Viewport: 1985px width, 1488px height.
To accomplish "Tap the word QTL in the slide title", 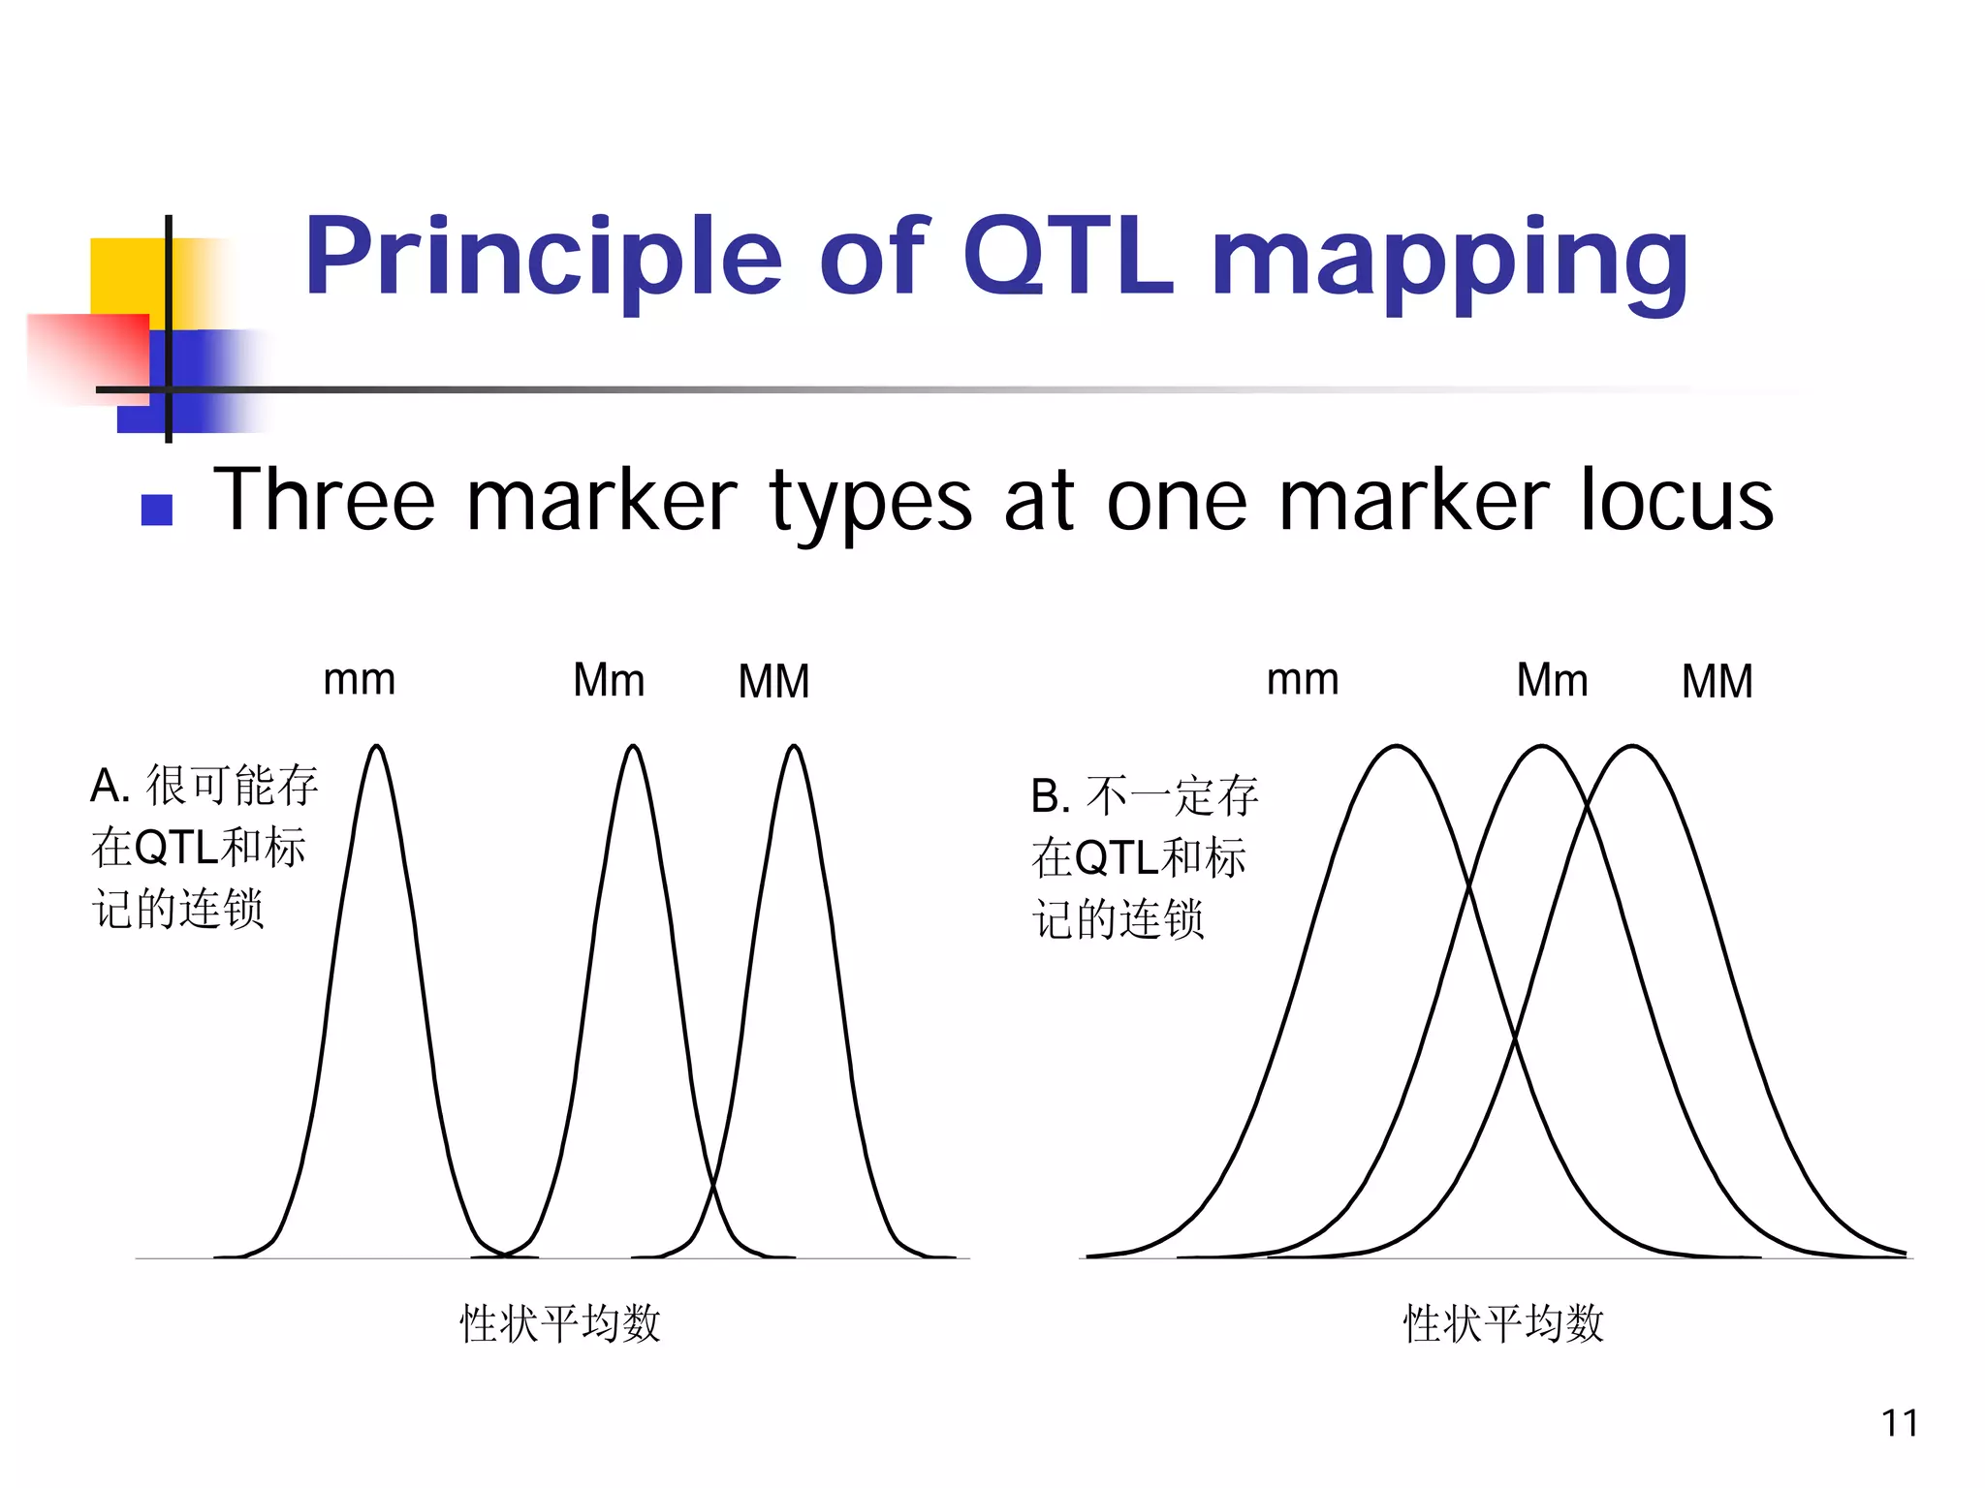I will point(1068,257).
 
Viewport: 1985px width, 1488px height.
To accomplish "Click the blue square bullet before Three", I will point(157,510).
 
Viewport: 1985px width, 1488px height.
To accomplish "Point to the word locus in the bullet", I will point(1676,501).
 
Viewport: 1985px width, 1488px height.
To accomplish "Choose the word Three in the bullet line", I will point(324,501).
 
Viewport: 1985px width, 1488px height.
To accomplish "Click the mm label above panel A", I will point(359,680).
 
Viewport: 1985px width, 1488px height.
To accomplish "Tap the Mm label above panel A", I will point(609,680).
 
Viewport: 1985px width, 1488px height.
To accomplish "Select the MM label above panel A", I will point(773,681).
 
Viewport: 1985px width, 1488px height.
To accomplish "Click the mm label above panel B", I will point(1303,680).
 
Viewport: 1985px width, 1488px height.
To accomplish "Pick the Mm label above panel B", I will point(1552,680).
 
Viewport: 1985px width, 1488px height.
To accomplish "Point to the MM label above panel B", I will point(1717,681).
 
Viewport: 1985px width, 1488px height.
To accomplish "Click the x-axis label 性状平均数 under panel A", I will point(560,1323).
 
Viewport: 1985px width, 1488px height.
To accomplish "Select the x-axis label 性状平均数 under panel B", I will point(1503,1323).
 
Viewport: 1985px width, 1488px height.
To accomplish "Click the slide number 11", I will point(1899,1423).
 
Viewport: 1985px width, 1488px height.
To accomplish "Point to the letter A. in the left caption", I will point(110,786).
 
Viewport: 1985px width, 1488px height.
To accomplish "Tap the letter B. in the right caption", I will point(1051,797).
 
